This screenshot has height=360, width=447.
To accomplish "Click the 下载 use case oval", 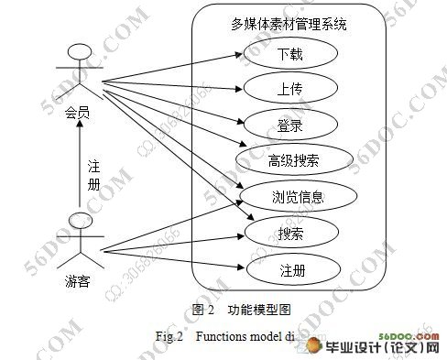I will [x=290, y=55].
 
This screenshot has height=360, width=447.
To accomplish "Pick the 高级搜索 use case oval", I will [x=294, y=160].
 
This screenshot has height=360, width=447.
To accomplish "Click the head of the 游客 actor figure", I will [x=81, y=220].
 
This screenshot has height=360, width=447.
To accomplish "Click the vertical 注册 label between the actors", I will [x=93, y=176].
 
